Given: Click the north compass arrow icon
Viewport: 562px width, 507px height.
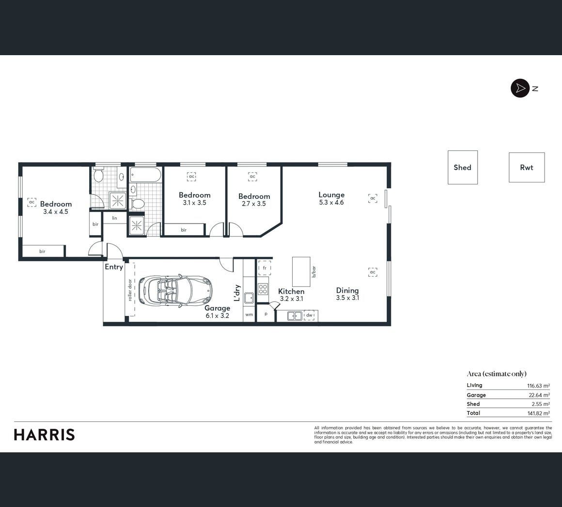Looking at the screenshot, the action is [520, 88].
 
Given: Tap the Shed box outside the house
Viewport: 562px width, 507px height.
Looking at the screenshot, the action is [462, 167].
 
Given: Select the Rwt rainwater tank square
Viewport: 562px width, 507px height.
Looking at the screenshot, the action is [527, 167].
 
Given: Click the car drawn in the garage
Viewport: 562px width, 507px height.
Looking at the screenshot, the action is [175, 290].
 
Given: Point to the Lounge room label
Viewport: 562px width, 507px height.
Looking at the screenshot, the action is [331, 194].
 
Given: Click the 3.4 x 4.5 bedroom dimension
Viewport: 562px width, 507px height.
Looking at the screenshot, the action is [56, 211].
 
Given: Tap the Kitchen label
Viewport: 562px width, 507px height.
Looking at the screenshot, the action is [291, 291].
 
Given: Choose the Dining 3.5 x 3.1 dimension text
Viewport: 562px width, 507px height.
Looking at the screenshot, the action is [347, 298].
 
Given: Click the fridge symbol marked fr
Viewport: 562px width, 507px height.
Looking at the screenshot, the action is [265, 268].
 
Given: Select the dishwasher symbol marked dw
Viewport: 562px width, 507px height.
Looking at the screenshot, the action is [309, 315].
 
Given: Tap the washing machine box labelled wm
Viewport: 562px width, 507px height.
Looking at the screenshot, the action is [249, 314].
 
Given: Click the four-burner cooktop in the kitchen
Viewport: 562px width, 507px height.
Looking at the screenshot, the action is [263, 289].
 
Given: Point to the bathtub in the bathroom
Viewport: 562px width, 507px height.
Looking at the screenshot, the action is [145, 175].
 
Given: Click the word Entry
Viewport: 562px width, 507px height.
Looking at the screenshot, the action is [114, 267].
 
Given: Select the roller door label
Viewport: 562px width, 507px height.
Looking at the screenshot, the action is [130, 290].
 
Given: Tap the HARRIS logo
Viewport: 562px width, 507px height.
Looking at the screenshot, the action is [45, 435].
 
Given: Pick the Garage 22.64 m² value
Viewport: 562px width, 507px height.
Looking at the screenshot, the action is [539, 395].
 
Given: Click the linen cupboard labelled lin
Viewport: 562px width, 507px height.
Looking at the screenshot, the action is [114, 218].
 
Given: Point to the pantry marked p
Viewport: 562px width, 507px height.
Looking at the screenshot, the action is [266, 313].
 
